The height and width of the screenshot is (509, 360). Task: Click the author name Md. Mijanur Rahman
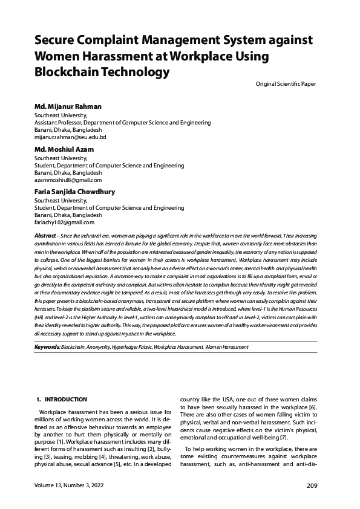(x=69, y=106)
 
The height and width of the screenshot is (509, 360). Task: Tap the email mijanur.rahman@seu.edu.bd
(x=70, y=137)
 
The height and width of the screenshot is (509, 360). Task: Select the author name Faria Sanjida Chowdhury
(x=74, y=192)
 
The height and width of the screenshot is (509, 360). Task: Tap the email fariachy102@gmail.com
(x=65, y=222)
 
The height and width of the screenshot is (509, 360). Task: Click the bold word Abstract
(x=45, y=234)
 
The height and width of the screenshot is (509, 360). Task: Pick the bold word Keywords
(x=47, y=348)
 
